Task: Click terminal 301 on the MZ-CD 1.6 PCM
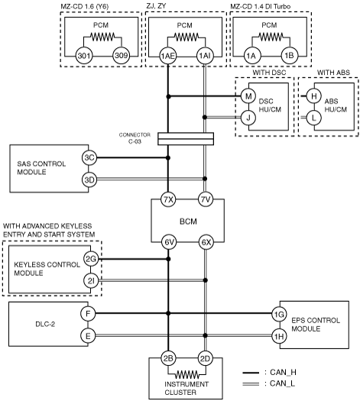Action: [x=84, y=56]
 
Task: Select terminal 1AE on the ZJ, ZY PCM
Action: [x=168, y=56]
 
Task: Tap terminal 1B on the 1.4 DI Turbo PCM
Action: [x=289, y=56]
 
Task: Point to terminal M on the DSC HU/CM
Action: [x=248, y=96]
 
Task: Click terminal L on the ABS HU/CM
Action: [x=313, y=118]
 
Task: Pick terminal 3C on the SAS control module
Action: [x=89, y=158]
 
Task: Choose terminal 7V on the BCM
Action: [x=206, y=199]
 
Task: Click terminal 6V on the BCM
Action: [x=169, y=242]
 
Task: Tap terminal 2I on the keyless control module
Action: [x=91, y=281]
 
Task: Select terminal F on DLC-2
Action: [x=88, y=313]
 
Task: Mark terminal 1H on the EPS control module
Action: [x=279, y=336]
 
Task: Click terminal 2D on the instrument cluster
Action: [x=205, y=358]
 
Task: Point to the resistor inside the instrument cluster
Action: [x=187, y=375]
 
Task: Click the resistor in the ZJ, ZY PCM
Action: [x=186, y=37]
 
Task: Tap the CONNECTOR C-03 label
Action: [x=135, y=138]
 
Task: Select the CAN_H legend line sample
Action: [x=251, y=373]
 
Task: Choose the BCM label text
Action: [x=188, y=222]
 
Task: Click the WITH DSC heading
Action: [x=269, y=73]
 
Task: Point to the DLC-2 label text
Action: [x=45, y=325]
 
